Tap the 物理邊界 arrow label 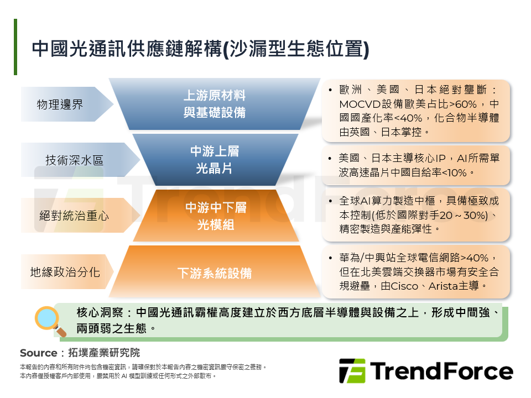[x=60, y=104]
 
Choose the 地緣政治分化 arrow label [x=65, y=272]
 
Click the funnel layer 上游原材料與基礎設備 [x=214, y=104]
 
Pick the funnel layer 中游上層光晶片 [x=214, y=160]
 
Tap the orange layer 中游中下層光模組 [x=215, y=216]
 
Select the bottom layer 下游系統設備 [x=214, y=273]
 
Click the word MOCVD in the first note [x=358, y=104]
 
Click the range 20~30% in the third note [x=467, y=215]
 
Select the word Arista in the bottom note [x=444, y=286]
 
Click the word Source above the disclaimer [x=38, y=353]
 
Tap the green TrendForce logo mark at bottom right [x=352, y=371]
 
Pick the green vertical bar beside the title [x=15, y=47]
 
